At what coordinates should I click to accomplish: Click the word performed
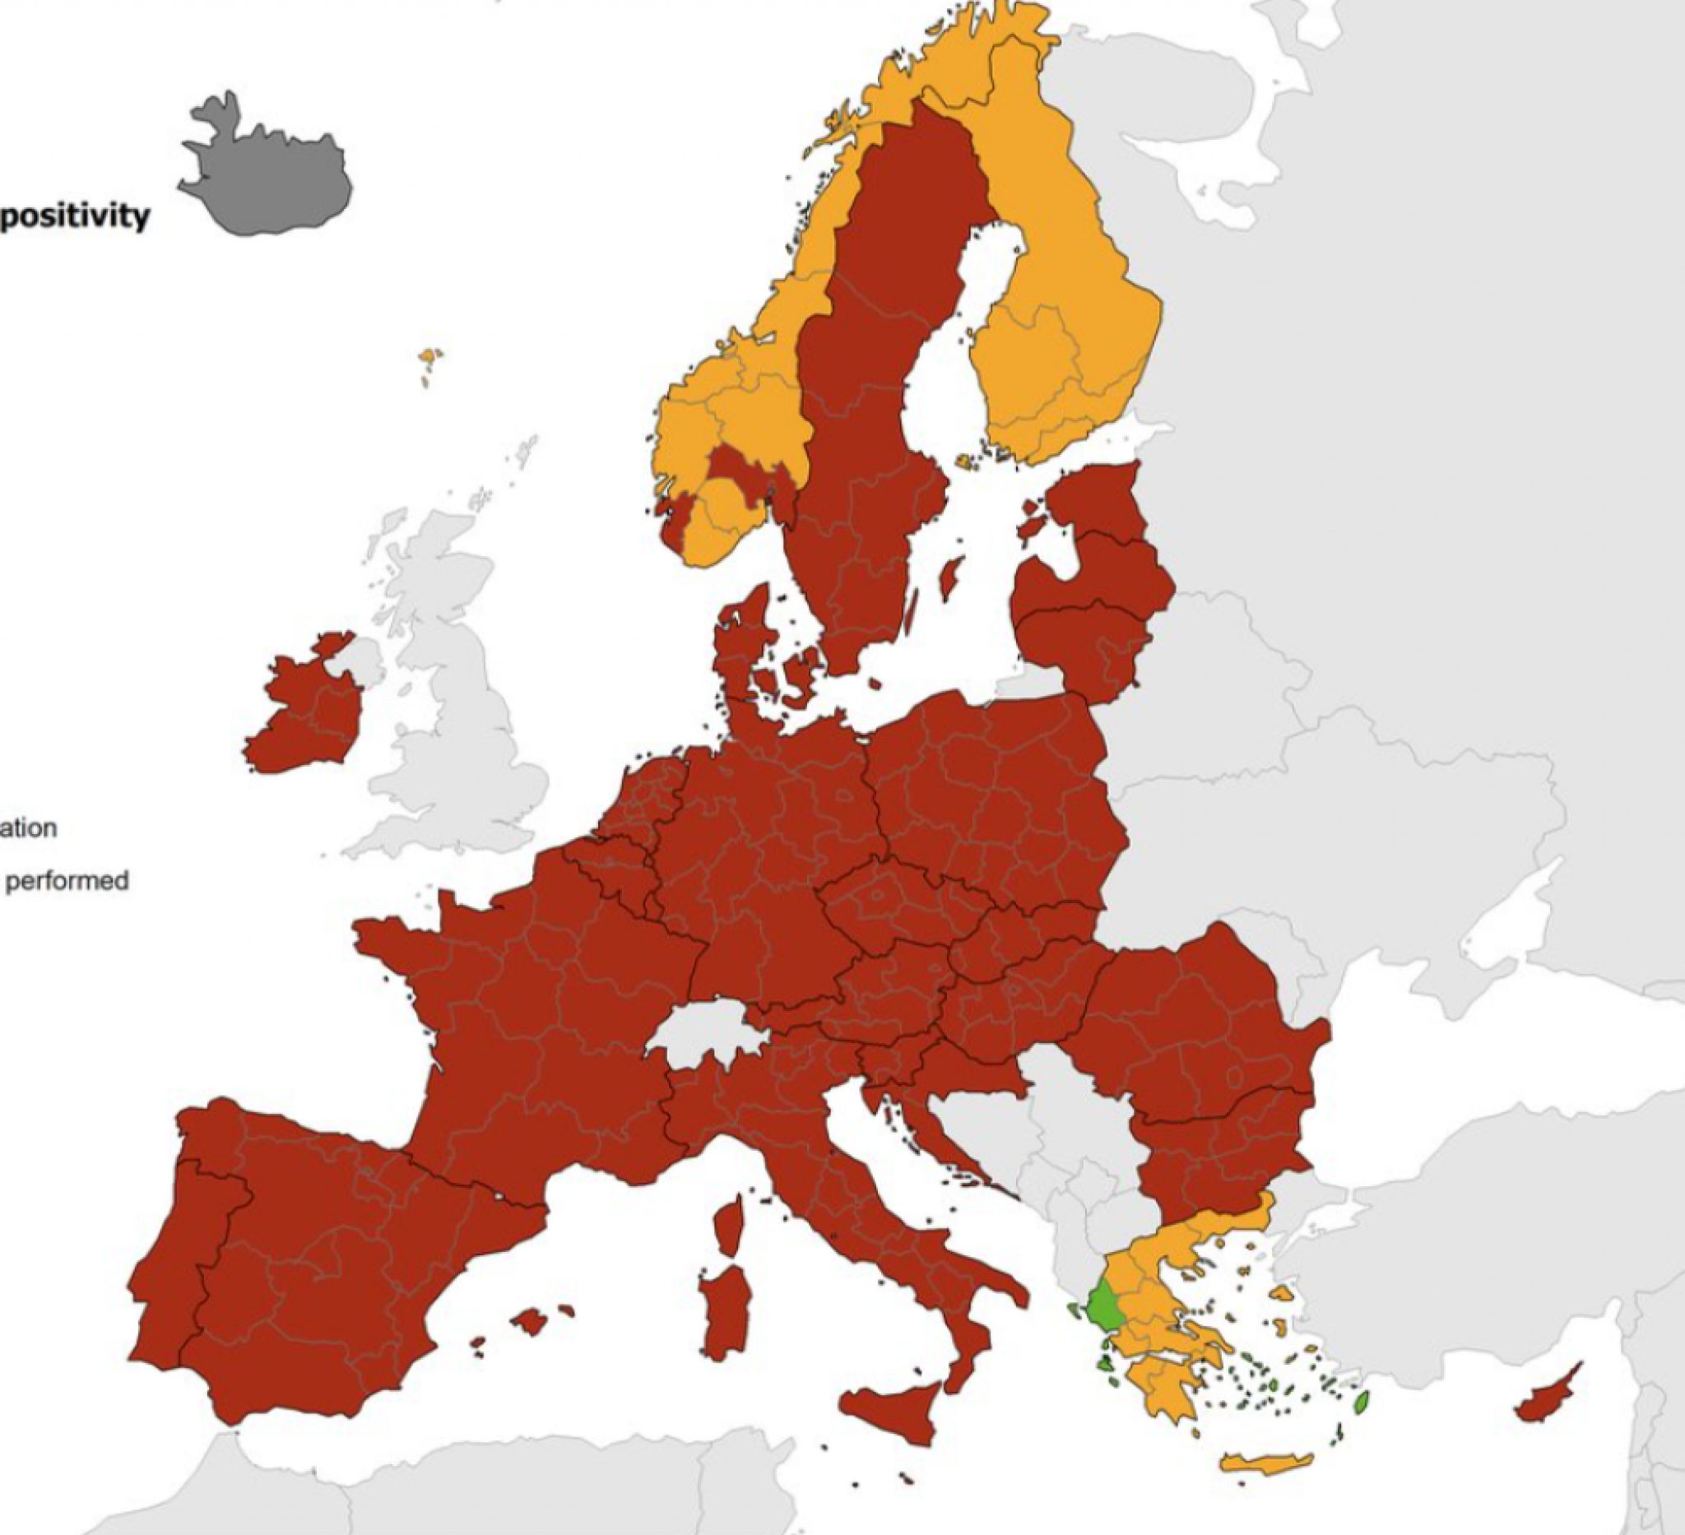coord(67,881)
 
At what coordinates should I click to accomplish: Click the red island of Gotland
coord(949,577)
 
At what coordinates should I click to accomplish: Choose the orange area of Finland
coord(1061,318)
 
